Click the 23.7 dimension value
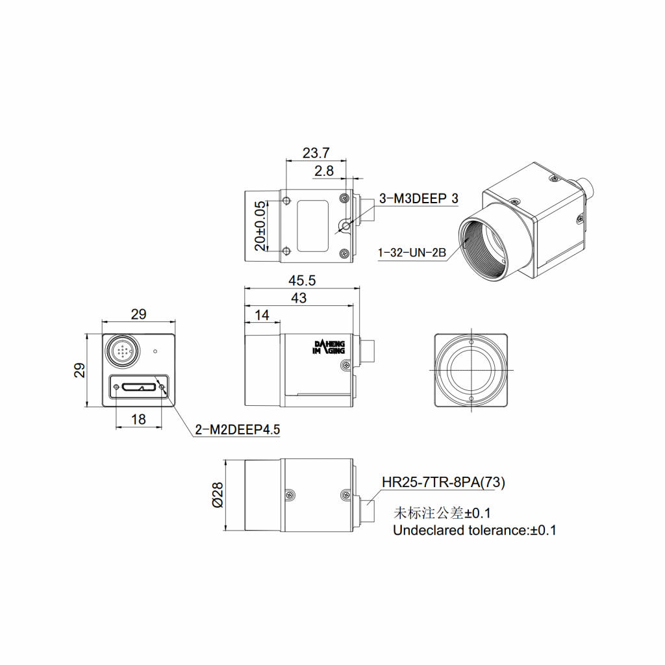coord(316,153)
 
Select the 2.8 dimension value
coord(323,171)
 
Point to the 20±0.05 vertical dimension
coord(260,226)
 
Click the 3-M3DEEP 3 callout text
coord(418,199)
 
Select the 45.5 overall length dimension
coord(302,281)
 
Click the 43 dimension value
coord(299,298)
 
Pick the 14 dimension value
coord(262,315)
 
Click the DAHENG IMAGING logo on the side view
coord(330,347)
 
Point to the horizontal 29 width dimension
coord(138,314)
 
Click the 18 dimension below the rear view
coord(138,420)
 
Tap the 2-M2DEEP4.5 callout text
coord(237,429)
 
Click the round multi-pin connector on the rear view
coord(121,351)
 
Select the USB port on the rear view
coord(139,387)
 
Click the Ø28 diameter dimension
coord(218,495)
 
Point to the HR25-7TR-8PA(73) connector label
coord(443,483)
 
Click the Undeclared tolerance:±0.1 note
coord(474,531)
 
